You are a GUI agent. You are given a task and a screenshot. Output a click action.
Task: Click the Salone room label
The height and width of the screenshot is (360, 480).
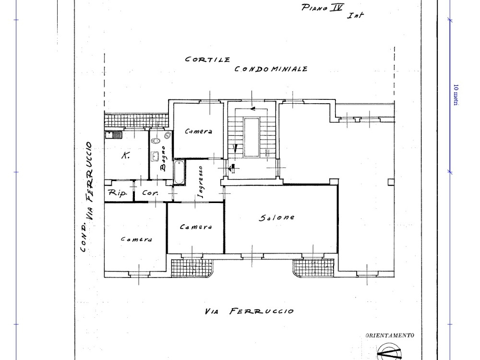click(277, 217)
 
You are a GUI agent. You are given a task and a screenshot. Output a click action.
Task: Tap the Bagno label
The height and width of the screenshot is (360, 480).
click(163, 158)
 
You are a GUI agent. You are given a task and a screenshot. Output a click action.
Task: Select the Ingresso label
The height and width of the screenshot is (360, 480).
click(201, 182)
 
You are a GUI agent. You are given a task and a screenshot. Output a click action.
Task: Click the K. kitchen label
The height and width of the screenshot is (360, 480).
click(125, 156)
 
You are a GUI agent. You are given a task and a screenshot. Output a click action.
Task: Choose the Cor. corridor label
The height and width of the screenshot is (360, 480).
click(150, 193)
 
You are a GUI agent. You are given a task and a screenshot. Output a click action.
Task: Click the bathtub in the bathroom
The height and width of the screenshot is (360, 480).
click(179, 172)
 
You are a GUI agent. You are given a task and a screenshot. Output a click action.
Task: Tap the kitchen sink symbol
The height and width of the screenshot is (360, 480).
click(113, 134)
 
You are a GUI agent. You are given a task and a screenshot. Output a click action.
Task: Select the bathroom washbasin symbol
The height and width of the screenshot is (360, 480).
click(155, 156)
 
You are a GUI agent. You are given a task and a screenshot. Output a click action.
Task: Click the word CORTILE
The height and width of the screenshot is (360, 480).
click(207, 60)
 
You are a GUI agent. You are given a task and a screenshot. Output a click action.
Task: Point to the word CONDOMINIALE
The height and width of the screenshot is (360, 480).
click(271, 69)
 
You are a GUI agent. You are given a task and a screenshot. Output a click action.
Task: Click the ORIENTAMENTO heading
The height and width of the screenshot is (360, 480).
click(390, 336)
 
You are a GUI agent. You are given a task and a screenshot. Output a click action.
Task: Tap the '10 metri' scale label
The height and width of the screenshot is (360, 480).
click(456, 95)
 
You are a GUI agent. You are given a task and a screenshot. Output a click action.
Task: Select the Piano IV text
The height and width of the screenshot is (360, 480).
click(323, 8)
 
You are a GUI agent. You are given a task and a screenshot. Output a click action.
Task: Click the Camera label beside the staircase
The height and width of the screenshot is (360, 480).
click(198, 132)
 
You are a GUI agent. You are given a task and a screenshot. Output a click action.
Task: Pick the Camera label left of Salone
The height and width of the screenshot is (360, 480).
click(196, 227)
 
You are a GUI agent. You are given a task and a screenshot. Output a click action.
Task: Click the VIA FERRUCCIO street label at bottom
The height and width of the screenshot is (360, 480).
click(249, 312)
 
